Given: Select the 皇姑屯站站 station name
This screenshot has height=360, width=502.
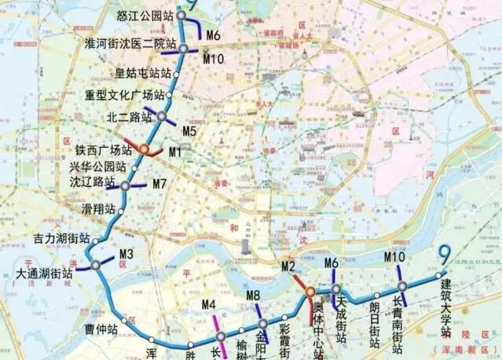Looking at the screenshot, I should click(x=143, y=73).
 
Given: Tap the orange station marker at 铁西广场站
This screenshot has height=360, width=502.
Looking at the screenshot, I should click(x=144, y=149).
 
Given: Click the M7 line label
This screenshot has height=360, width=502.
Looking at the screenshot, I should click(x=159, y=184).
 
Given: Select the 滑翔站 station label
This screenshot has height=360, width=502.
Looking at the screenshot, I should click(x=98, y=210).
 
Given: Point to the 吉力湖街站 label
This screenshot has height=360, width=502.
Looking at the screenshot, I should click(x=61, y=237).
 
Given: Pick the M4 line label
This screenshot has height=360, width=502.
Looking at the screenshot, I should click(x=208, y=305).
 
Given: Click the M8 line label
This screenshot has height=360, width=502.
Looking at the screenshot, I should click(x=253, y=296).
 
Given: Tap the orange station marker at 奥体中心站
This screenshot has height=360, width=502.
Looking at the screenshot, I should click(x=310, y=296).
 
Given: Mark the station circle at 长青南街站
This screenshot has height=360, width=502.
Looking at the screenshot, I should click(x=401, y=287).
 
